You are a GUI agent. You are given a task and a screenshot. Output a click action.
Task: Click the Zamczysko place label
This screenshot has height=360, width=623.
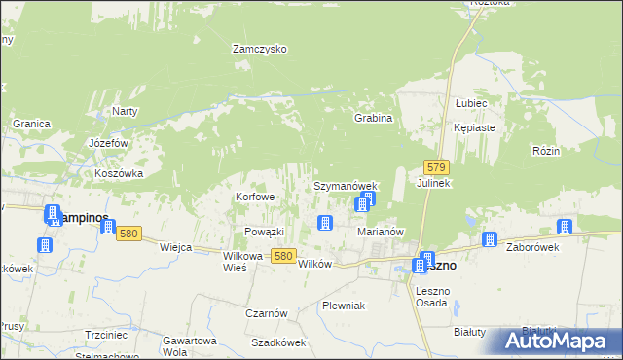(258, 48)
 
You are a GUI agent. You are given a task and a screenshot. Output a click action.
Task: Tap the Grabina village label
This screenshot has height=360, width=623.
(373, 118)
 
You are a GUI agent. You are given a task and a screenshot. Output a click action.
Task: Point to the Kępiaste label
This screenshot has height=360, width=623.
(474, 127)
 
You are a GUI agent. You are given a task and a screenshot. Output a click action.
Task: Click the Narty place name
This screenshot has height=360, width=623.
(125, 111)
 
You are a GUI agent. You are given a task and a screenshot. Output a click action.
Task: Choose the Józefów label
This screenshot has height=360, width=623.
(109, 142)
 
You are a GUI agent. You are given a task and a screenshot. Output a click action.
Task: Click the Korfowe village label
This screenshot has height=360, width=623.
(256, 197)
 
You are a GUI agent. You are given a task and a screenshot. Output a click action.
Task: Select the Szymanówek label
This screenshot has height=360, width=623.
(345, 185)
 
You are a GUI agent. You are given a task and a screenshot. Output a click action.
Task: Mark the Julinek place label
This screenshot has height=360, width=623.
(434, 183)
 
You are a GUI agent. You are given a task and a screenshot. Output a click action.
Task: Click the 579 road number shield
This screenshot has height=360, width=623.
(436, 168)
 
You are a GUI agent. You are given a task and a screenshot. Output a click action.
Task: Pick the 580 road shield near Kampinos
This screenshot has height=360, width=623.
(129, 234)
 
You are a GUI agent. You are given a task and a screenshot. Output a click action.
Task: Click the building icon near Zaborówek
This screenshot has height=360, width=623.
(490, 239)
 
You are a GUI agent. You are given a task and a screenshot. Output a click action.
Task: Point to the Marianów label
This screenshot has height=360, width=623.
(381, 232)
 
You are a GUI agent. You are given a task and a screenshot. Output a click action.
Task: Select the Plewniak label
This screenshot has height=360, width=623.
(344, 306)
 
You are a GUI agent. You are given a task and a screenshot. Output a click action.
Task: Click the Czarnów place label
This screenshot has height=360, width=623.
(266, 313)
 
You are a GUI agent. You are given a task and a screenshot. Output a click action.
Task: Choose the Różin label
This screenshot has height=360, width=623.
(545, 151)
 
